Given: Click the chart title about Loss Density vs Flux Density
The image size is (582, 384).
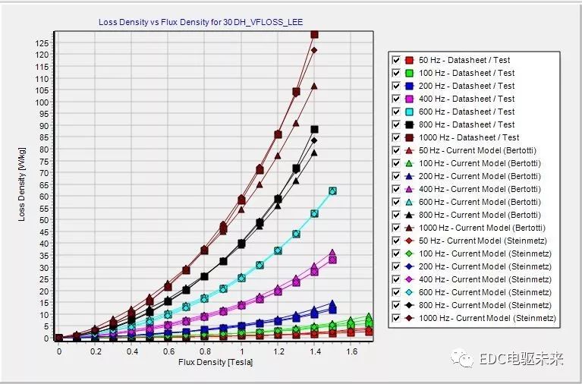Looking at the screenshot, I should point(200,22).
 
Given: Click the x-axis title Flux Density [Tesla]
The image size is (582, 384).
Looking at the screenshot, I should point(215,362).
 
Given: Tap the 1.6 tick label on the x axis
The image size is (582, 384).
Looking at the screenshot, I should point(351,352).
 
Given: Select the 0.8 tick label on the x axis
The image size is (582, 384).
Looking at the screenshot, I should point(205,352).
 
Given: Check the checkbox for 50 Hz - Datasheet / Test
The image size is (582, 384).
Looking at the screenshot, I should point(395,60).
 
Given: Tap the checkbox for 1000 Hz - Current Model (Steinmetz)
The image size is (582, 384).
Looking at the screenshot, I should point(395,318).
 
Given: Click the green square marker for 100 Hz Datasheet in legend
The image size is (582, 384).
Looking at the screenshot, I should point(409,73).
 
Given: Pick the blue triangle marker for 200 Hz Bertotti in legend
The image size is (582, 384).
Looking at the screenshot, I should point(409,176).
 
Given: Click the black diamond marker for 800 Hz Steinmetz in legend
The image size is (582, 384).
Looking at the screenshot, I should point(409,305).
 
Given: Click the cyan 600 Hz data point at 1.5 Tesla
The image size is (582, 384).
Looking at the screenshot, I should point(332,191).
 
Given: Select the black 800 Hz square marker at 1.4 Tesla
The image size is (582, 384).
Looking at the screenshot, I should point(314,130).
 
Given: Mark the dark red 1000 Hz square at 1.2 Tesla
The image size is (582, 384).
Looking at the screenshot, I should point(278,134).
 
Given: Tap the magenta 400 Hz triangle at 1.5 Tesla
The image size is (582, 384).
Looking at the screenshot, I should point(332,253).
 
